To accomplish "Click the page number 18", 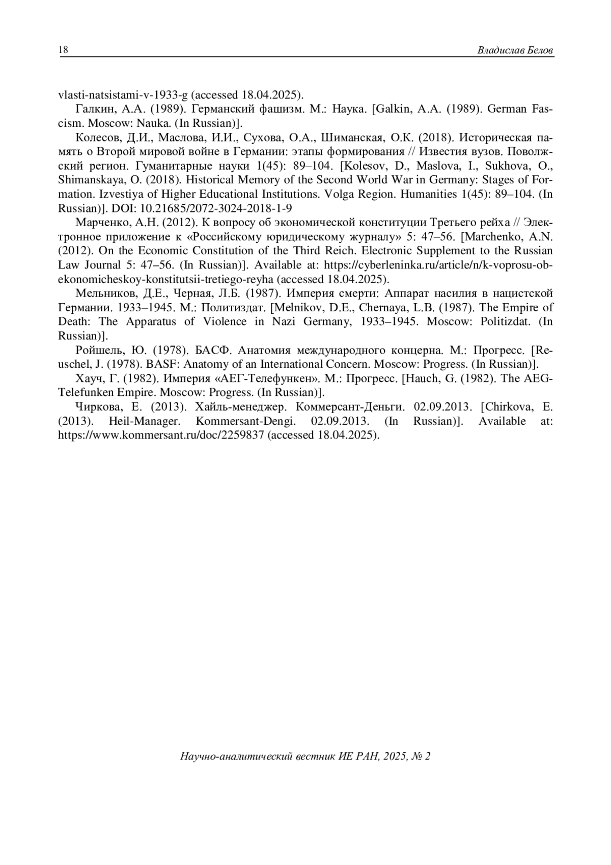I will click(64, 50).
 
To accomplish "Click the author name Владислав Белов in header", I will click(515, 50).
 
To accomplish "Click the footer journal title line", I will click(305, 756).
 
